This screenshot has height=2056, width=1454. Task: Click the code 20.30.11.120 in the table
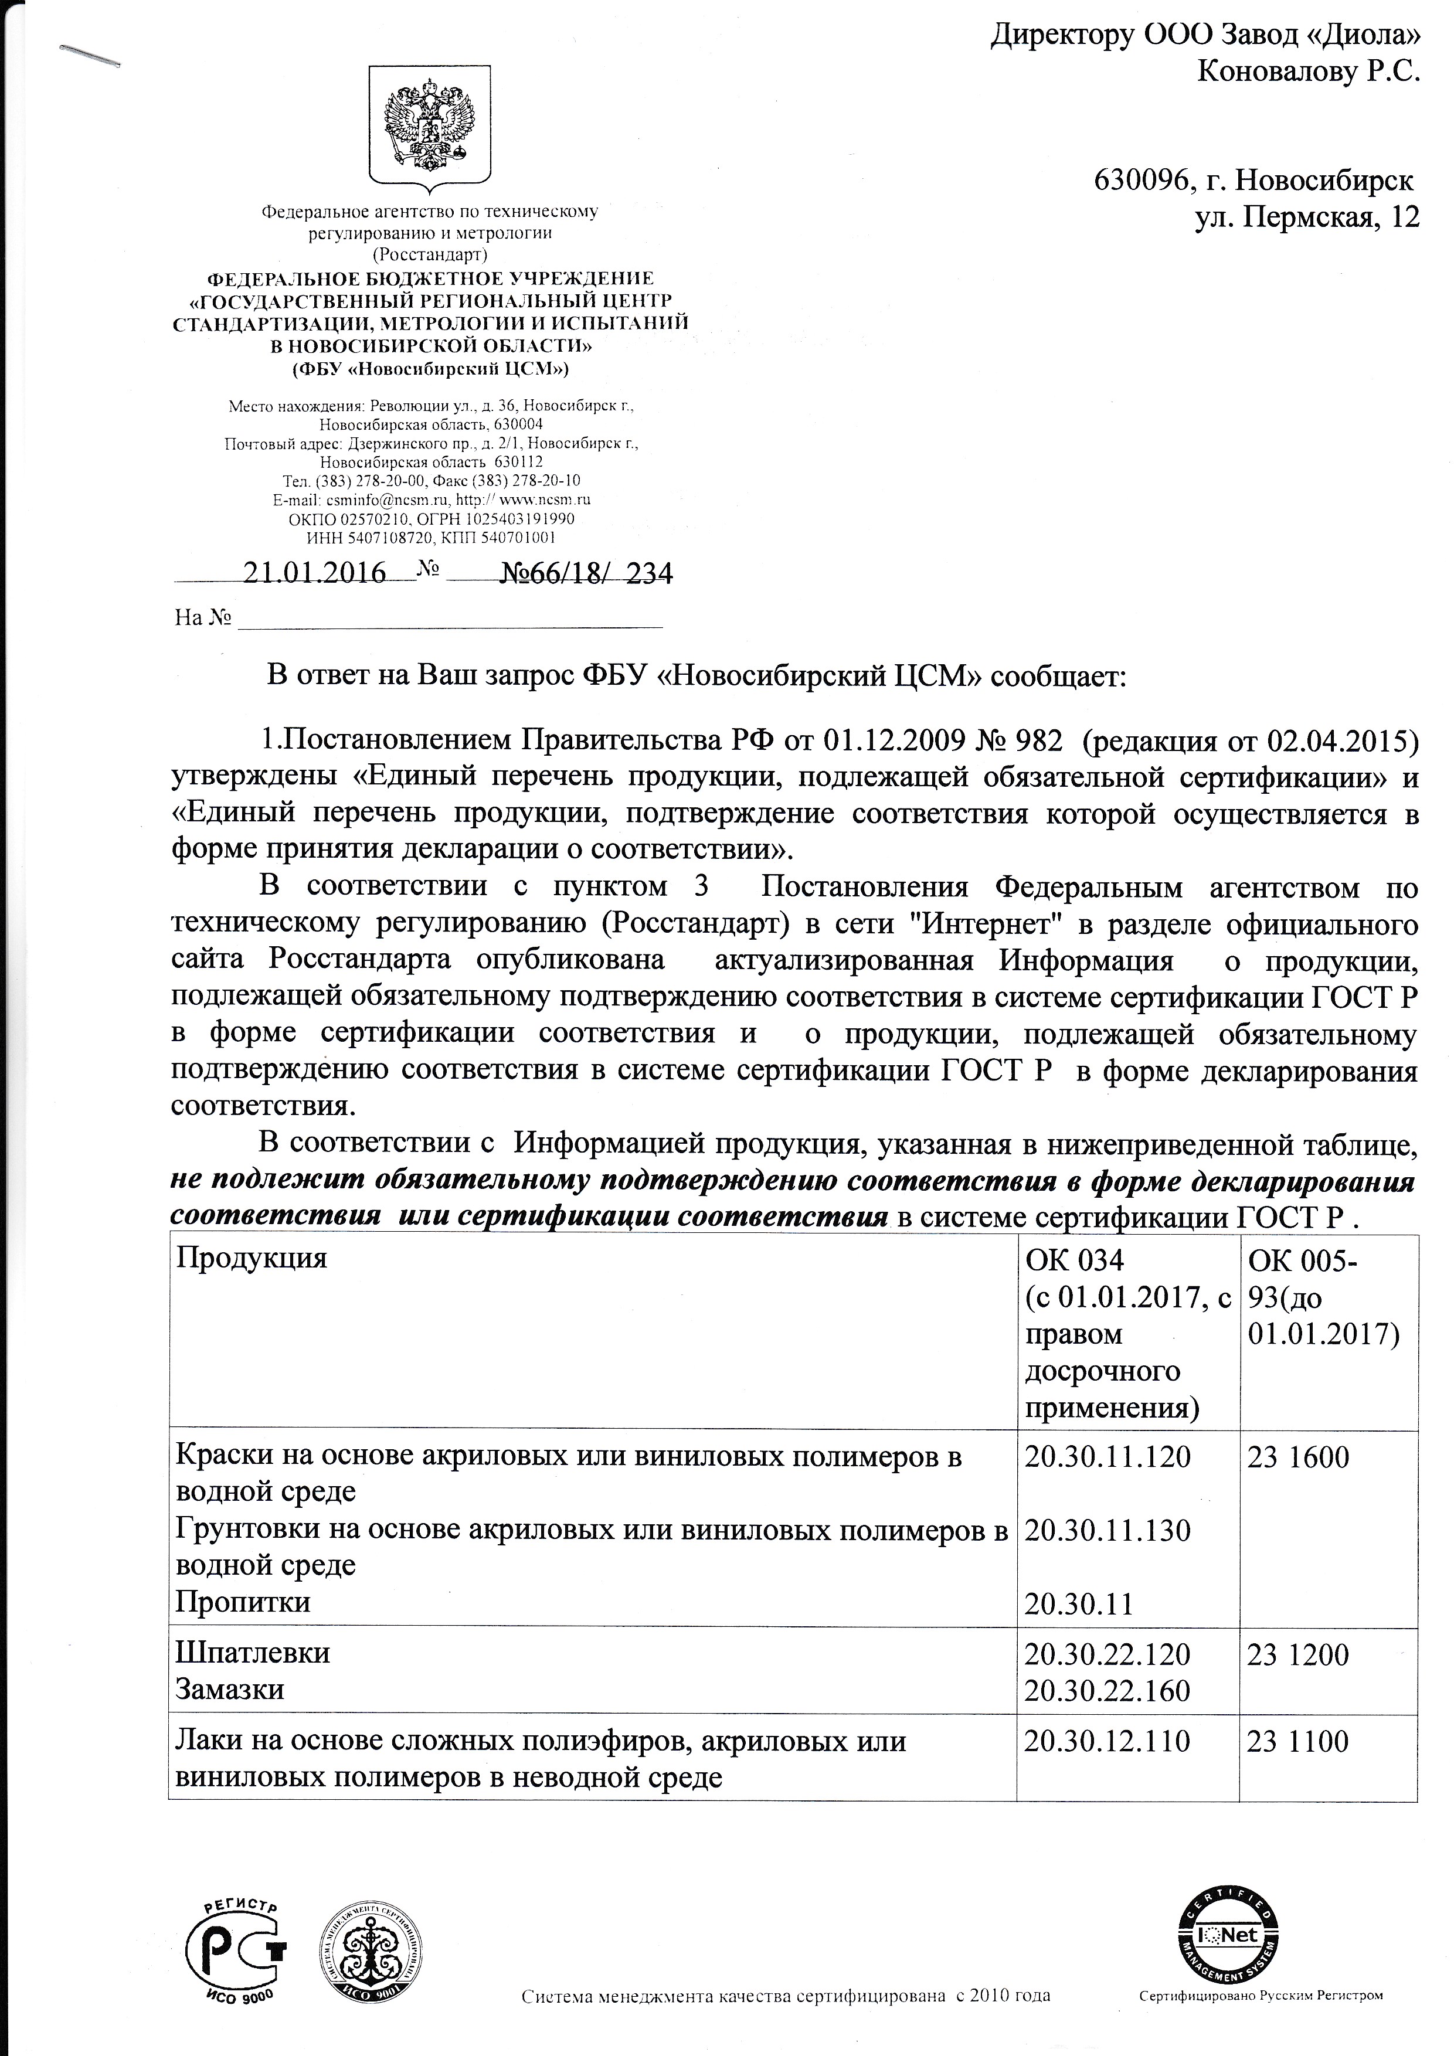[x=1108, y=1457]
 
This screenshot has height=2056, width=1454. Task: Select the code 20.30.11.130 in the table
[x=1108, y=1530]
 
